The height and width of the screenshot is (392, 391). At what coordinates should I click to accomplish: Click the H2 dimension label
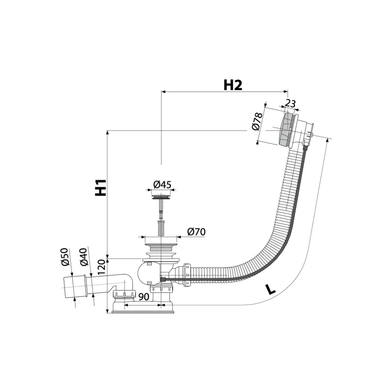pyautogui.click(x=233, y=85)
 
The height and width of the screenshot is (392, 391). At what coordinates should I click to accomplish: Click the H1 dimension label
pyautogui.click(x=101, y=188)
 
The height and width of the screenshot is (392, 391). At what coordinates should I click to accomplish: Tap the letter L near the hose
pyautogui.click(x=270, y=290)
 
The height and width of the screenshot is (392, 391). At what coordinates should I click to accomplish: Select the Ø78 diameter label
pyautogui.click(x=257, y=121)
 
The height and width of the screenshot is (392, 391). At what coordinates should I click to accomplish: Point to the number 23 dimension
pyautogui.click(x=290, y=104)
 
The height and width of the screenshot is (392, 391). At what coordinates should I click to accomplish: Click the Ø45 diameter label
pyautogui.click(x=162, y=185)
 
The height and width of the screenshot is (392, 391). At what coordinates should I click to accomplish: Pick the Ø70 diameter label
pyautogui.click(x=196, y=232)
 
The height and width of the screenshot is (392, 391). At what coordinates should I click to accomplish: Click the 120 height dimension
pyautogui.click(x=102, y=267)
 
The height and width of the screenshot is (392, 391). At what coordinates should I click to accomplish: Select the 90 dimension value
pyautogui.click(x=144, y=297)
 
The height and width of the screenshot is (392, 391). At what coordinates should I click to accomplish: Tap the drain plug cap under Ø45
pyautogui.click(x=161, y=197)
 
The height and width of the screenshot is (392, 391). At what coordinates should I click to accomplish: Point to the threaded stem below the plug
pyautogui.click(x=161, y=227)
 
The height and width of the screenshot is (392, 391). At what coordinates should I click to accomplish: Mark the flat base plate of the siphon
pyautogui.click(x=143, y=312)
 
